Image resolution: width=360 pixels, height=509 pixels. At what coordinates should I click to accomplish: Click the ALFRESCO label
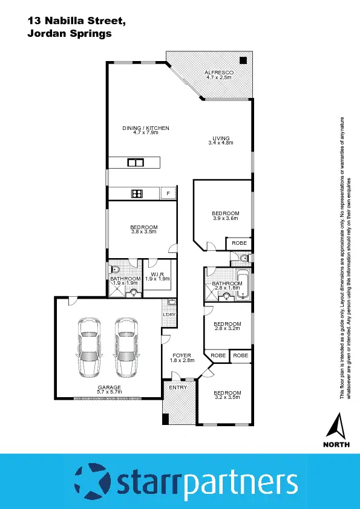point(219,72)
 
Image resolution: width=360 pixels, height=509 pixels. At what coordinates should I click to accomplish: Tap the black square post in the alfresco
point(243,60)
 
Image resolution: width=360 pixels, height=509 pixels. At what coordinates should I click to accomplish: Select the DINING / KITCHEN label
point(145,128)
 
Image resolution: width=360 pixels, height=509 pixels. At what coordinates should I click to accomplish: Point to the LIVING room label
point(220,138)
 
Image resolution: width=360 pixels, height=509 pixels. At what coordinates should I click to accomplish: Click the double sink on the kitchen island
point(135,162)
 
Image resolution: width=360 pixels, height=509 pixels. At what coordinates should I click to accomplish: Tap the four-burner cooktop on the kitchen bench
point(137,193)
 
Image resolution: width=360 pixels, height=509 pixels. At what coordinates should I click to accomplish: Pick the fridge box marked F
point(168,193)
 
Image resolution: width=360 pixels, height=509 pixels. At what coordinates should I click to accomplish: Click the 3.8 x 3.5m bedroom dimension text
point(143,232)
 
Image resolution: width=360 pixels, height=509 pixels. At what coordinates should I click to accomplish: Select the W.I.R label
point(159,274)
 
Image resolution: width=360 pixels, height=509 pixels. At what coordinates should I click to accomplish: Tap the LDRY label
point(169,314)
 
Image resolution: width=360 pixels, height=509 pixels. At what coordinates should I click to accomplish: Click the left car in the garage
point(88,347)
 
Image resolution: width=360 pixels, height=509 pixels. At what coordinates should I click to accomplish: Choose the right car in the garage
point(126,347)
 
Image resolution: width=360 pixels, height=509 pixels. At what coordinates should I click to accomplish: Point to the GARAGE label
point(110,387)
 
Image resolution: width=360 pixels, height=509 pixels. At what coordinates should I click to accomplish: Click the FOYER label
point(182,355)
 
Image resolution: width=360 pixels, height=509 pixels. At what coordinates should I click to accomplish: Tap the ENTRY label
point(178,387)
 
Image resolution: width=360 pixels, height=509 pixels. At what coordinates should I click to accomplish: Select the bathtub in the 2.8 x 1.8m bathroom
point(243,285)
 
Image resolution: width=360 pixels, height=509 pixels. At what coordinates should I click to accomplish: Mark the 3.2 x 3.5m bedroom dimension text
point(227,398)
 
